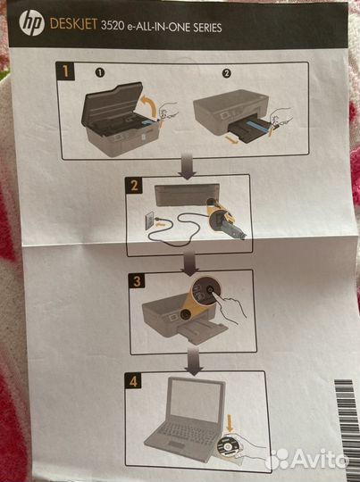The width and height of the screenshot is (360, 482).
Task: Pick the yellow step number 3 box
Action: [x=136, y=280]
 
